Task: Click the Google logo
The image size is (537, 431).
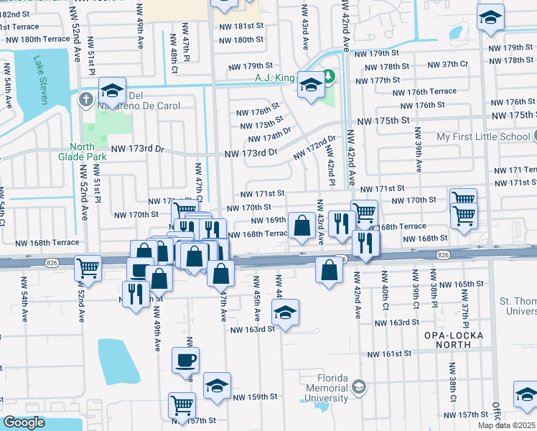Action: point(24,422)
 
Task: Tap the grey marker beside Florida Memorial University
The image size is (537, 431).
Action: point(359,388)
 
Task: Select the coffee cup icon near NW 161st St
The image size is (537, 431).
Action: point(185,361)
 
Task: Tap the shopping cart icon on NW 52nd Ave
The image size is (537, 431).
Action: point(88,269)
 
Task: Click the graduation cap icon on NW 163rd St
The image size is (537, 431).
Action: point(285,313)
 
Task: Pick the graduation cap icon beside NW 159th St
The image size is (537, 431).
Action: point(217,386)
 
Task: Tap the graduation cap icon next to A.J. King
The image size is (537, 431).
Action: point(310,86)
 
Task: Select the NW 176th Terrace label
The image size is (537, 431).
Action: point(425,91)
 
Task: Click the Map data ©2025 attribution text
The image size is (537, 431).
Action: point(507,425)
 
